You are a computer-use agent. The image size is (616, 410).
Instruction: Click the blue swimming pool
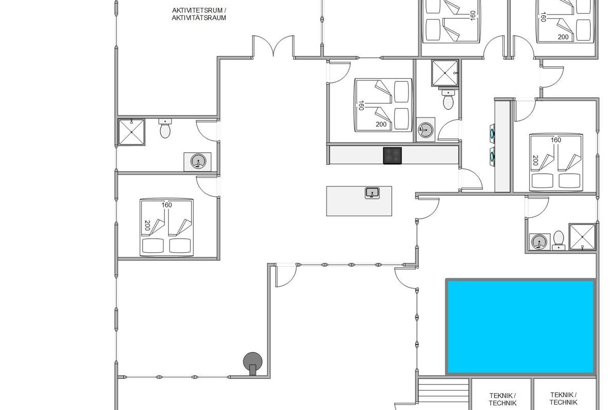tap(521, 327)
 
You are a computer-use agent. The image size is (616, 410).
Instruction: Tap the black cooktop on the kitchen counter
tap(392, 156)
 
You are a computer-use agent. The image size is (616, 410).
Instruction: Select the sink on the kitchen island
tap(372, 193)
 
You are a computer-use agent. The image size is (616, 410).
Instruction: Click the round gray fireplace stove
tap(253, 363)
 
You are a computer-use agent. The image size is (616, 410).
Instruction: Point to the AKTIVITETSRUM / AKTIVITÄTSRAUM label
tap(199, 14)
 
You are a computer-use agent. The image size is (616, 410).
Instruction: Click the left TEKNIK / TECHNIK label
tap(503, 399)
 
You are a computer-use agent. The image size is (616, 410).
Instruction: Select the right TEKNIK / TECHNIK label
tap(564, 398)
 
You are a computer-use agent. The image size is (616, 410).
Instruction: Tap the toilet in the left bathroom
tap(165, 128)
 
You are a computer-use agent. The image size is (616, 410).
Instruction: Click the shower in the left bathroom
tap(131, 132)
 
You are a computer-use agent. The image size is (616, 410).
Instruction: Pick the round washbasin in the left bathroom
tap(198, 161)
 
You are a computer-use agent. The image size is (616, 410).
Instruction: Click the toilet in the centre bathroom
tap(448, 99)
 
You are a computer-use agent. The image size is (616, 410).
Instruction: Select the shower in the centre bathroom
tap(445, 73)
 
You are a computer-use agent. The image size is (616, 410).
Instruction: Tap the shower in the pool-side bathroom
tap(583, 237)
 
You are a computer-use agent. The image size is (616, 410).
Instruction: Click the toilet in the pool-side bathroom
tap(559, 240)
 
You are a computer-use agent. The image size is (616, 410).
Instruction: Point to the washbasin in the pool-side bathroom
tap(540, 242)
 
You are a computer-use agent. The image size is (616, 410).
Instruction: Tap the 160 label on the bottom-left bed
tap(167, 205)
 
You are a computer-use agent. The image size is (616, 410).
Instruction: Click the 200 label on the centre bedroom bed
tap(381, 125)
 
